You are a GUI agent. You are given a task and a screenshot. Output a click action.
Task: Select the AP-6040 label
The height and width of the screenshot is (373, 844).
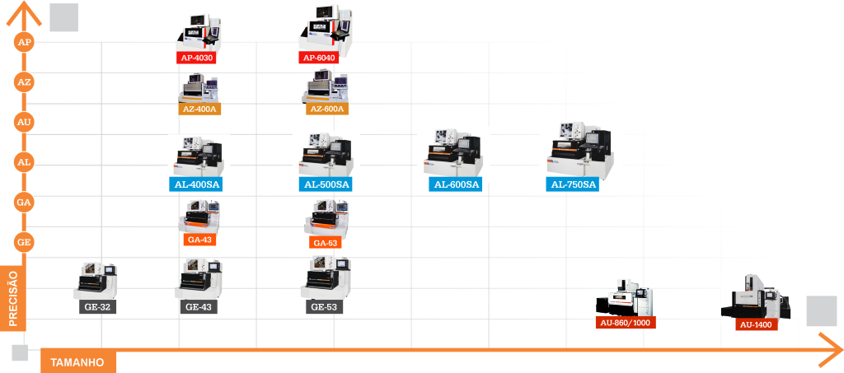pos(319,58)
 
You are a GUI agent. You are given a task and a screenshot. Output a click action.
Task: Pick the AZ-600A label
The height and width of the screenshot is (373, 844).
pos(326,109)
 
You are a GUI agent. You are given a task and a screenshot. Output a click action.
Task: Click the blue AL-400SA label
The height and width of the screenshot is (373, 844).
pos(198,184)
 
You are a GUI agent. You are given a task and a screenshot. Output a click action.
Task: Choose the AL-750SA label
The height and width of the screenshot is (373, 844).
pos(573,184)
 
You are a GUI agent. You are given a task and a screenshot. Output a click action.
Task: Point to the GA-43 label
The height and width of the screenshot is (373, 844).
pos(200,240)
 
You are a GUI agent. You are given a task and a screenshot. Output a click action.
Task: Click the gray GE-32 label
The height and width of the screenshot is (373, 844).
pos(96,307)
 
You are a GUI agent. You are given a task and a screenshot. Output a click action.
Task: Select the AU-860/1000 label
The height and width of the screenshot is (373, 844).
pos(625,323)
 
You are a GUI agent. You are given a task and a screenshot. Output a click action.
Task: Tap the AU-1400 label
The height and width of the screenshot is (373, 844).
pos(756,324)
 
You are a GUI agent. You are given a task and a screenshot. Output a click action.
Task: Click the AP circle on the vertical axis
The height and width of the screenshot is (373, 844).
pos(25,42)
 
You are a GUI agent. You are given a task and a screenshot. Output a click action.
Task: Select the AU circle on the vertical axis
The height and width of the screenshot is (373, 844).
pos(25,122)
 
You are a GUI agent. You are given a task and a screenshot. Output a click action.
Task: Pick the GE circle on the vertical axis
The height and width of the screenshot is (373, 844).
pos(25,242)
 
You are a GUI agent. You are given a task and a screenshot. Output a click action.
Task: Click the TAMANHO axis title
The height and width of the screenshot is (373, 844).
pos(77,362)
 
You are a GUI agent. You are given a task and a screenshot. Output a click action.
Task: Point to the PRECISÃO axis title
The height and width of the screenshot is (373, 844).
pos(13,296)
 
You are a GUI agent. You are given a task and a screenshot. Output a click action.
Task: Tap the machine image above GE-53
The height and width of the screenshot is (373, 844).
pos(324,278)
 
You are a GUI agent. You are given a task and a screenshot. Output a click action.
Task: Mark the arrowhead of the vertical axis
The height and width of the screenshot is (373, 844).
pos(26,11)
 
